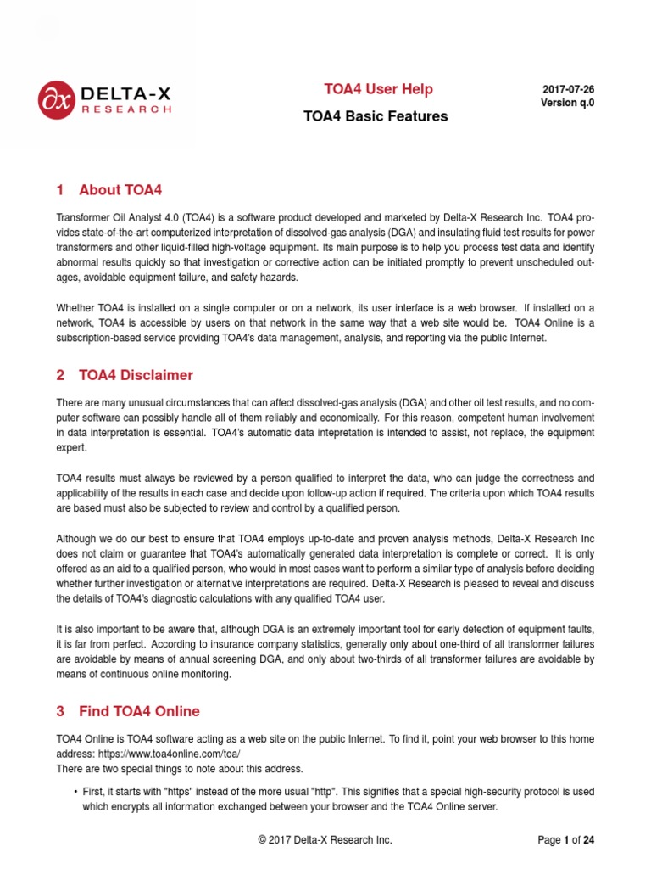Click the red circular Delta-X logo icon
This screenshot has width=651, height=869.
57,100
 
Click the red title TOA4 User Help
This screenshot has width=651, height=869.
378,89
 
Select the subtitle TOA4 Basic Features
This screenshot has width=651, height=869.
376,116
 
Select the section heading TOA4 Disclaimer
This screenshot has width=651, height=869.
136,375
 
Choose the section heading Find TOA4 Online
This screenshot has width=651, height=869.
139,711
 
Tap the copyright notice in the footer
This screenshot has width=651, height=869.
325,840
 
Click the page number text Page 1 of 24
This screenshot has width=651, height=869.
565,840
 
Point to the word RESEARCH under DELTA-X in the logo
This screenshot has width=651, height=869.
126,109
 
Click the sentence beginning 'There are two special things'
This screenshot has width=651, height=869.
179,769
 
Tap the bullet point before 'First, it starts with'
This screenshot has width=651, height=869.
75,792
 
